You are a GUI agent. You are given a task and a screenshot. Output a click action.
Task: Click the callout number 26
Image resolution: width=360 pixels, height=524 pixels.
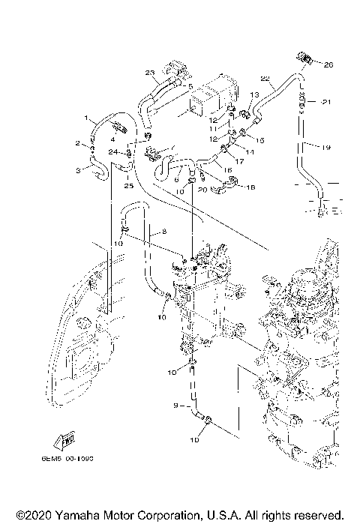[327, 65]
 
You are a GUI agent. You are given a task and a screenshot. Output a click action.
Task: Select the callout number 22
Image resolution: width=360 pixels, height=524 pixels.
[265, 78]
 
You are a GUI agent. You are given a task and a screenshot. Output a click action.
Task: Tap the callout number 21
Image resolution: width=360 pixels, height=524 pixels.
[325, 101]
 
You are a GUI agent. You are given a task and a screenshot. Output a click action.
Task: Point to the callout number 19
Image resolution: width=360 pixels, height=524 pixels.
[325, 148]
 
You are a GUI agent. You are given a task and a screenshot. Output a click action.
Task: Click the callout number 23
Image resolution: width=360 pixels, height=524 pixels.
[149, 73]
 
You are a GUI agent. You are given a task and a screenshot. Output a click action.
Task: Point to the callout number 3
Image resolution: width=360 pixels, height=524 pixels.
[77, 170]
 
